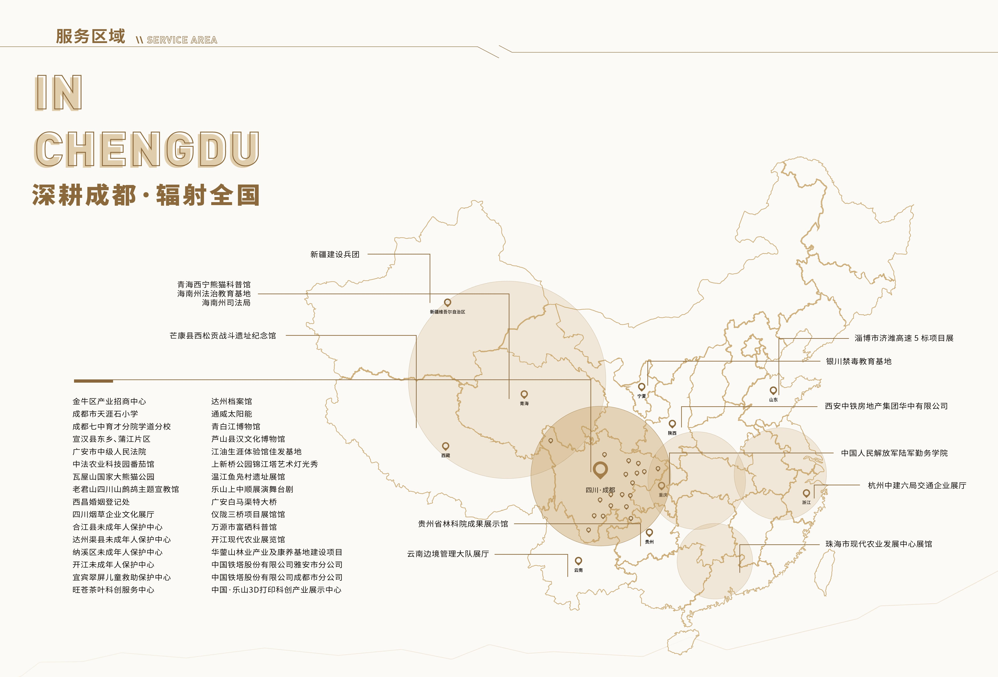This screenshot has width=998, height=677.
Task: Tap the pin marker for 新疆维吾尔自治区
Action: pos(447,303)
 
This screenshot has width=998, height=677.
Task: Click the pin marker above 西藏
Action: pos(446,446)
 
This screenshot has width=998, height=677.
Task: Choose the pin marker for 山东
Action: pos(773,390)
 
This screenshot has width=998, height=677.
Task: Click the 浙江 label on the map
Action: pos(806,502)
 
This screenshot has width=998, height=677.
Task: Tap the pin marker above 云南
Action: pos(578,561)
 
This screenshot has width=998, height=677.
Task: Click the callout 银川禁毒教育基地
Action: pos(858,362)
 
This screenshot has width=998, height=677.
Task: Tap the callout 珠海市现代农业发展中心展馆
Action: pos(879,544)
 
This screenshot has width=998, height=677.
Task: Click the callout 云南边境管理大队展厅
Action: pos(448,554)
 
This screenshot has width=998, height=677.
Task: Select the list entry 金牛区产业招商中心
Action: pos(109,401)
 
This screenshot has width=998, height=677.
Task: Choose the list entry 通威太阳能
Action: pos(232,414)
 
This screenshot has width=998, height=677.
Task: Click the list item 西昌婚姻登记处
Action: pos(101,502)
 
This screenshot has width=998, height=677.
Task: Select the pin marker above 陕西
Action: pos(672,424)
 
